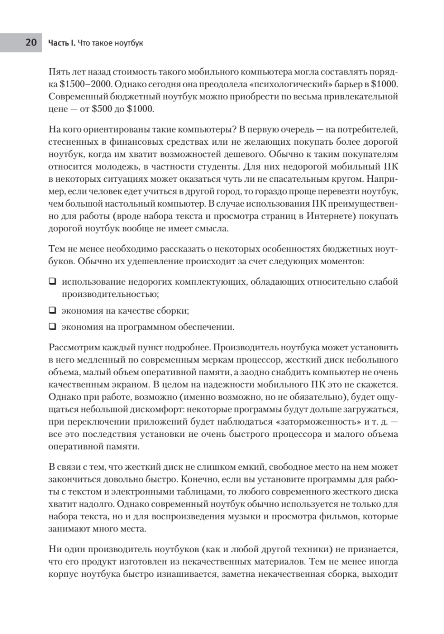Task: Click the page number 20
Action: pos(31,42)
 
